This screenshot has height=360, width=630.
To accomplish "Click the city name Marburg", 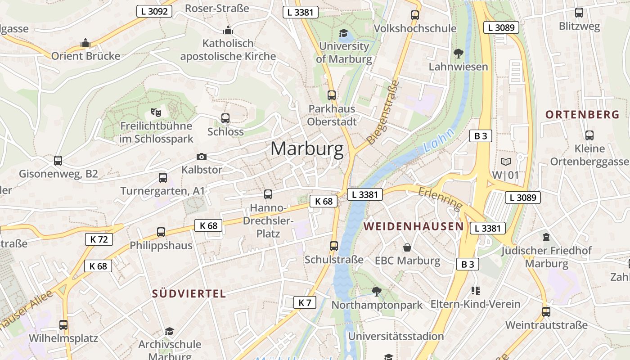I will coord(307,149).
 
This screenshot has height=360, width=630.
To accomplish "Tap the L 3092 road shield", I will coord(154,11).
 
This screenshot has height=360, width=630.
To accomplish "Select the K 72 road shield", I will coord(99,239).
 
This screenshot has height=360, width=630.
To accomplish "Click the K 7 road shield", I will coord(305,302).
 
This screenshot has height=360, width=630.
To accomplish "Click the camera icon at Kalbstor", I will coord(202,157).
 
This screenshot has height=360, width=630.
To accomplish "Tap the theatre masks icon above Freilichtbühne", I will coord(156,112).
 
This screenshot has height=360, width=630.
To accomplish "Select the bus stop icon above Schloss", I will coord(225,118).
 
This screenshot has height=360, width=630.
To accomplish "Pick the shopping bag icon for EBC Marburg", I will coord(407,247).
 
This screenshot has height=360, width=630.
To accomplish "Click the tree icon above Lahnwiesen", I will coord(459,54).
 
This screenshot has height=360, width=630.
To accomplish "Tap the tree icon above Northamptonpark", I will coord(376,292).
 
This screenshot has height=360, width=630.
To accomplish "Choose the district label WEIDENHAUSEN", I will coord(414,226).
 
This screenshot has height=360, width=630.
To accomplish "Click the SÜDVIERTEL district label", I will coord(189,294).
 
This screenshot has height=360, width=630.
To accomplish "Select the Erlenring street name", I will coord(440,198).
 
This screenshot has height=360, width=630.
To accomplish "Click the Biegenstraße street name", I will coord(382,112).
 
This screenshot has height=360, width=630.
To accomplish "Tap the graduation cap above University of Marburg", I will coord(343,33).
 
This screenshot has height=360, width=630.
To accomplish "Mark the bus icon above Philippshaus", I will coord(161,232).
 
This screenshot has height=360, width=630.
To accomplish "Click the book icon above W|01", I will coord(505,162).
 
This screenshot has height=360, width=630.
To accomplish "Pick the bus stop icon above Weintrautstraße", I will coord(546,311).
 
